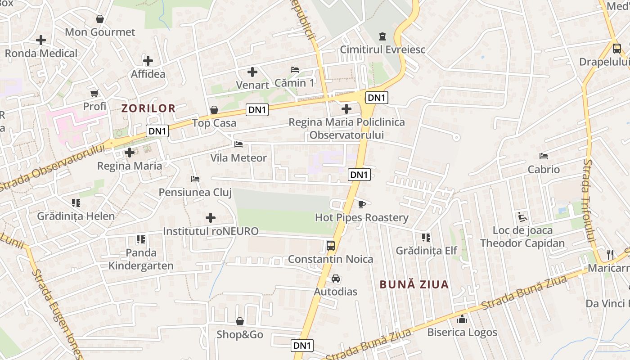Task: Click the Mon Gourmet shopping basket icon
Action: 100,19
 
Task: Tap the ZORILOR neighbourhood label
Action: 148,108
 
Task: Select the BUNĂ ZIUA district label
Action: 414,284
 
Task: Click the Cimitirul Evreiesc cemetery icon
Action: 382,36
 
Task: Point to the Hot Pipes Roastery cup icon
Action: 361,205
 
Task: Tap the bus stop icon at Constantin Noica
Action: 331,246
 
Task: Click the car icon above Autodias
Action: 335,279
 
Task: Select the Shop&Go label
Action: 240,335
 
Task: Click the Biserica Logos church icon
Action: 462,319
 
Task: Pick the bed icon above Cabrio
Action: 544,156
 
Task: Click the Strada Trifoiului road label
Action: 589,200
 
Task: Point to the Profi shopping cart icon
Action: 94,94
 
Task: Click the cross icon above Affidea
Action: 148,61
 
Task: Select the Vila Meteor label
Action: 238,158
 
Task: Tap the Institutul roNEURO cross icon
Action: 210,218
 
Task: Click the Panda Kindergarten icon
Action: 141,239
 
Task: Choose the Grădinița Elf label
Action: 426,251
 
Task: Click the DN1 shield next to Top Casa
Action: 257,109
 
